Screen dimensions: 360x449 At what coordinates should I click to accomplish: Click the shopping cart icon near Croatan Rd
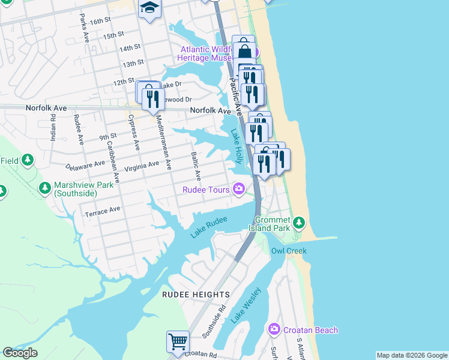[178, 341]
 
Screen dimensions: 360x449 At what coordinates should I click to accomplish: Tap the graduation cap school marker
[149, 8]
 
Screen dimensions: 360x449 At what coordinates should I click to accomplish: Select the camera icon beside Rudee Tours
[239, 190]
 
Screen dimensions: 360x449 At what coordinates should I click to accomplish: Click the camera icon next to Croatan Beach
[274, 329]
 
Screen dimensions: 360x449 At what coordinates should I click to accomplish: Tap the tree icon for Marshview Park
[45, 188]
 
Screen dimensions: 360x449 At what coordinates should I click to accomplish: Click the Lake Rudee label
[209, 227]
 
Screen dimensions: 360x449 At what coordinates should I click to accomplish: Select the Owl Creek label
[289, 251]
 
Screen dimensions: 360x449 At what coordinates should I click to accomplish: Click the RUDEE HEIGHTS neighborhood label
[196, 295]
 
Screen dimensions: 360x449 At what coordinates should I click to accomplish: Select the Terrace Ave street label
[103, 212]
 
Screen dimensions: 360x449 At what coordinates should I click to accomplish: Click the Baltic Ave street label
[196, 166]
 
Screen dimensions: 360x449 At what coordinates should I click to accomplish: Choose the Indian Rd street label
[53, 128]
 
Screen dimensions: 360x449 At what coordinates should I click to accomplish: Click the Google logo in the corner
[20, 353]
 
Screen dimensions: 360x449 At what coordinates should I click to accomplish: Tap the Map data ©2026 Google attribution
[412, 355]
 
